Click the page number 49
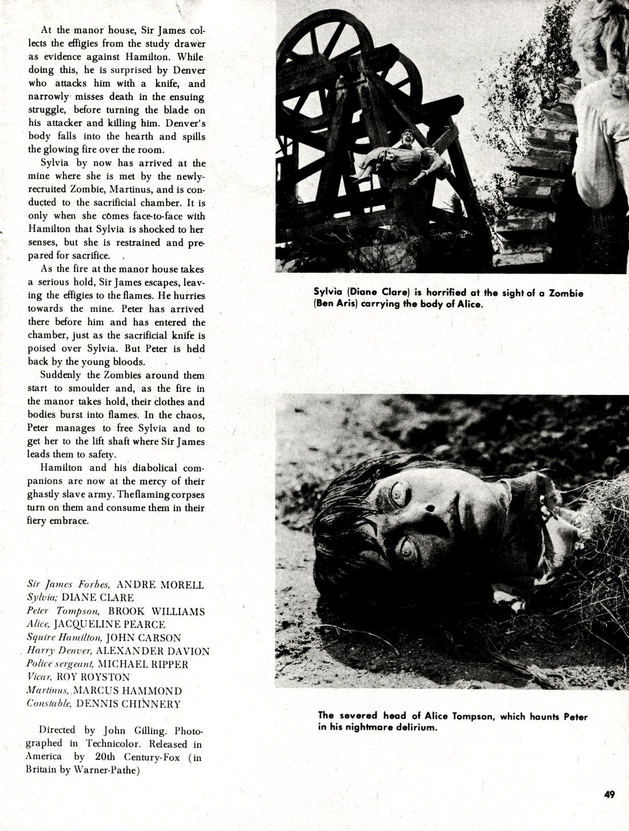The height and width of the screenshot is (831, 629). point(608,794)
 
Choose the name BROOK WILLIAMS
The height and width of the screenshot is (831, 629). point(156,611)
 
